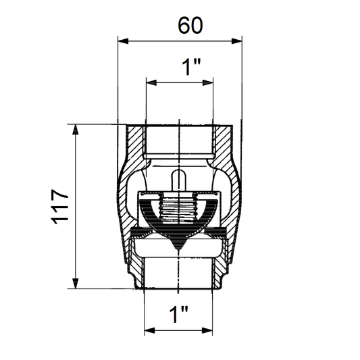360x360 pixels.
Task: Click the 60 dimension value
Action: click(x=190, y=25)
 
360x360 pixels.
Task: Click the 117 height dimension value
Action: click(x=59, y=207)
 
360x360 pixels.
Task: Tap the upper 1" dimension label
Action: click(x=191, y=67)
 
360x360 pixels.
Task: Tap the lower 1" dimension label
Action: click(x=178, y=314)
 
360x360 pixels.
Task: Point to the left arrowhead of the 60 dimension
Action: click(x=123, y=41)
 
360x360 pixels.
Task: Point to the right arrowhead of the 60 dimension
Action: click(x=236, y=41)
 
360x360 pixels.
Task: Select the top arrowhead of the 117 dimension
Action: click(x=75, y=130)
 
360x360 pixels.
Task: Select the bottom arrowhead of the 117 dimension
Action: click(x=75, y=283)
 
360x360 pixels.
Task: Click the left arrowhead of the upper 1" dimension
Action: click(x=151, y=82)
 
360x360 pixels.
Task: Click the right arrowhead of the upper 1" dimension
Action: click(x=208, y=82)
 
